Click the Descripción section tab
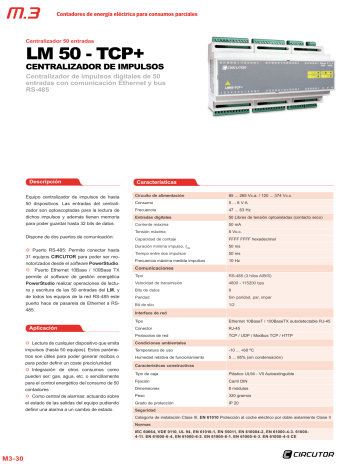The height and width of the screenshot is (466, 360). point(50,182)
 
